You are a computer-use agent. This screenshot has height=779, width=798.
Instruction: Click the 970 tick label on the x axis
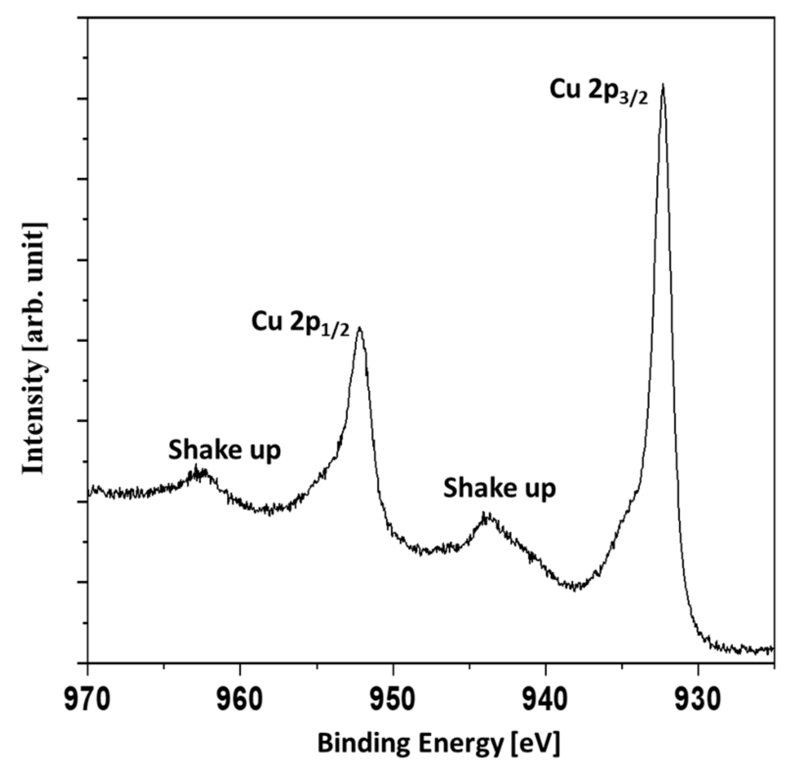(x=87, y=700)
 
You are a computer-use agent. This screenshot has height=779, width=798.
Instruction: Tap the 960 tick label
(x=240, y=700)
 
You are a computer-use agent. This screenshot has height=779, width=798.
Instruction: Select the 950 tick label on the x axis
(x=393, y=700)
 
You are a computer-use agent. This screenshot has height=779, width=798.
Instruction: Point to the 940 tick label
(x=545, y=700)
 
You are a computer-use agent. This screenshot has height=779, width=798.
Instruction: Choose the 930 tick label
(x=698, y=700)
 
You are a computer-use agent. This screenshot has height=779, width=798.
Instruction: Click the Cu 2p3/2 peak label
(x=598, y=91)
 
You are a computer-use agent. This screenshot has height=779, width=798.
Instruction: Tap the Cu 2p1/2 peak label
(x=300, y=324)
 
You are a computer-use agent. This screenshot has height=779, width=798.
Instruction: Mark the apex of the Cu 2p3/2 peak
(x=663, y=84)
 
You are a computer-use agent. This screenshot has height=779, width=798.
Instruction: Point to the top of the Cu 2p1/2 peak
(x=360, y=327)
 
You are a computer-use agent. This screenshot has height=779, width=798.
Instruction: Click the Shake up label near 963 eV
(x=224, y=450)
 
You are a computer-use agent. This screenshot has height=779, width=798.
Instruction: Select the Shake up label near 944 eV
(x=499, y=489)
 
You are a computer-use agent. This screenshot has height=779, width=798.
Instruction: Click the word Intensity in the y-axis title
(x=34, y=417)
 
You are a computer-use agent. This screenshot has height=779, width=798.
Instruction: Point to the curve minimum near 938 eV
(x=575, y=586)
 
